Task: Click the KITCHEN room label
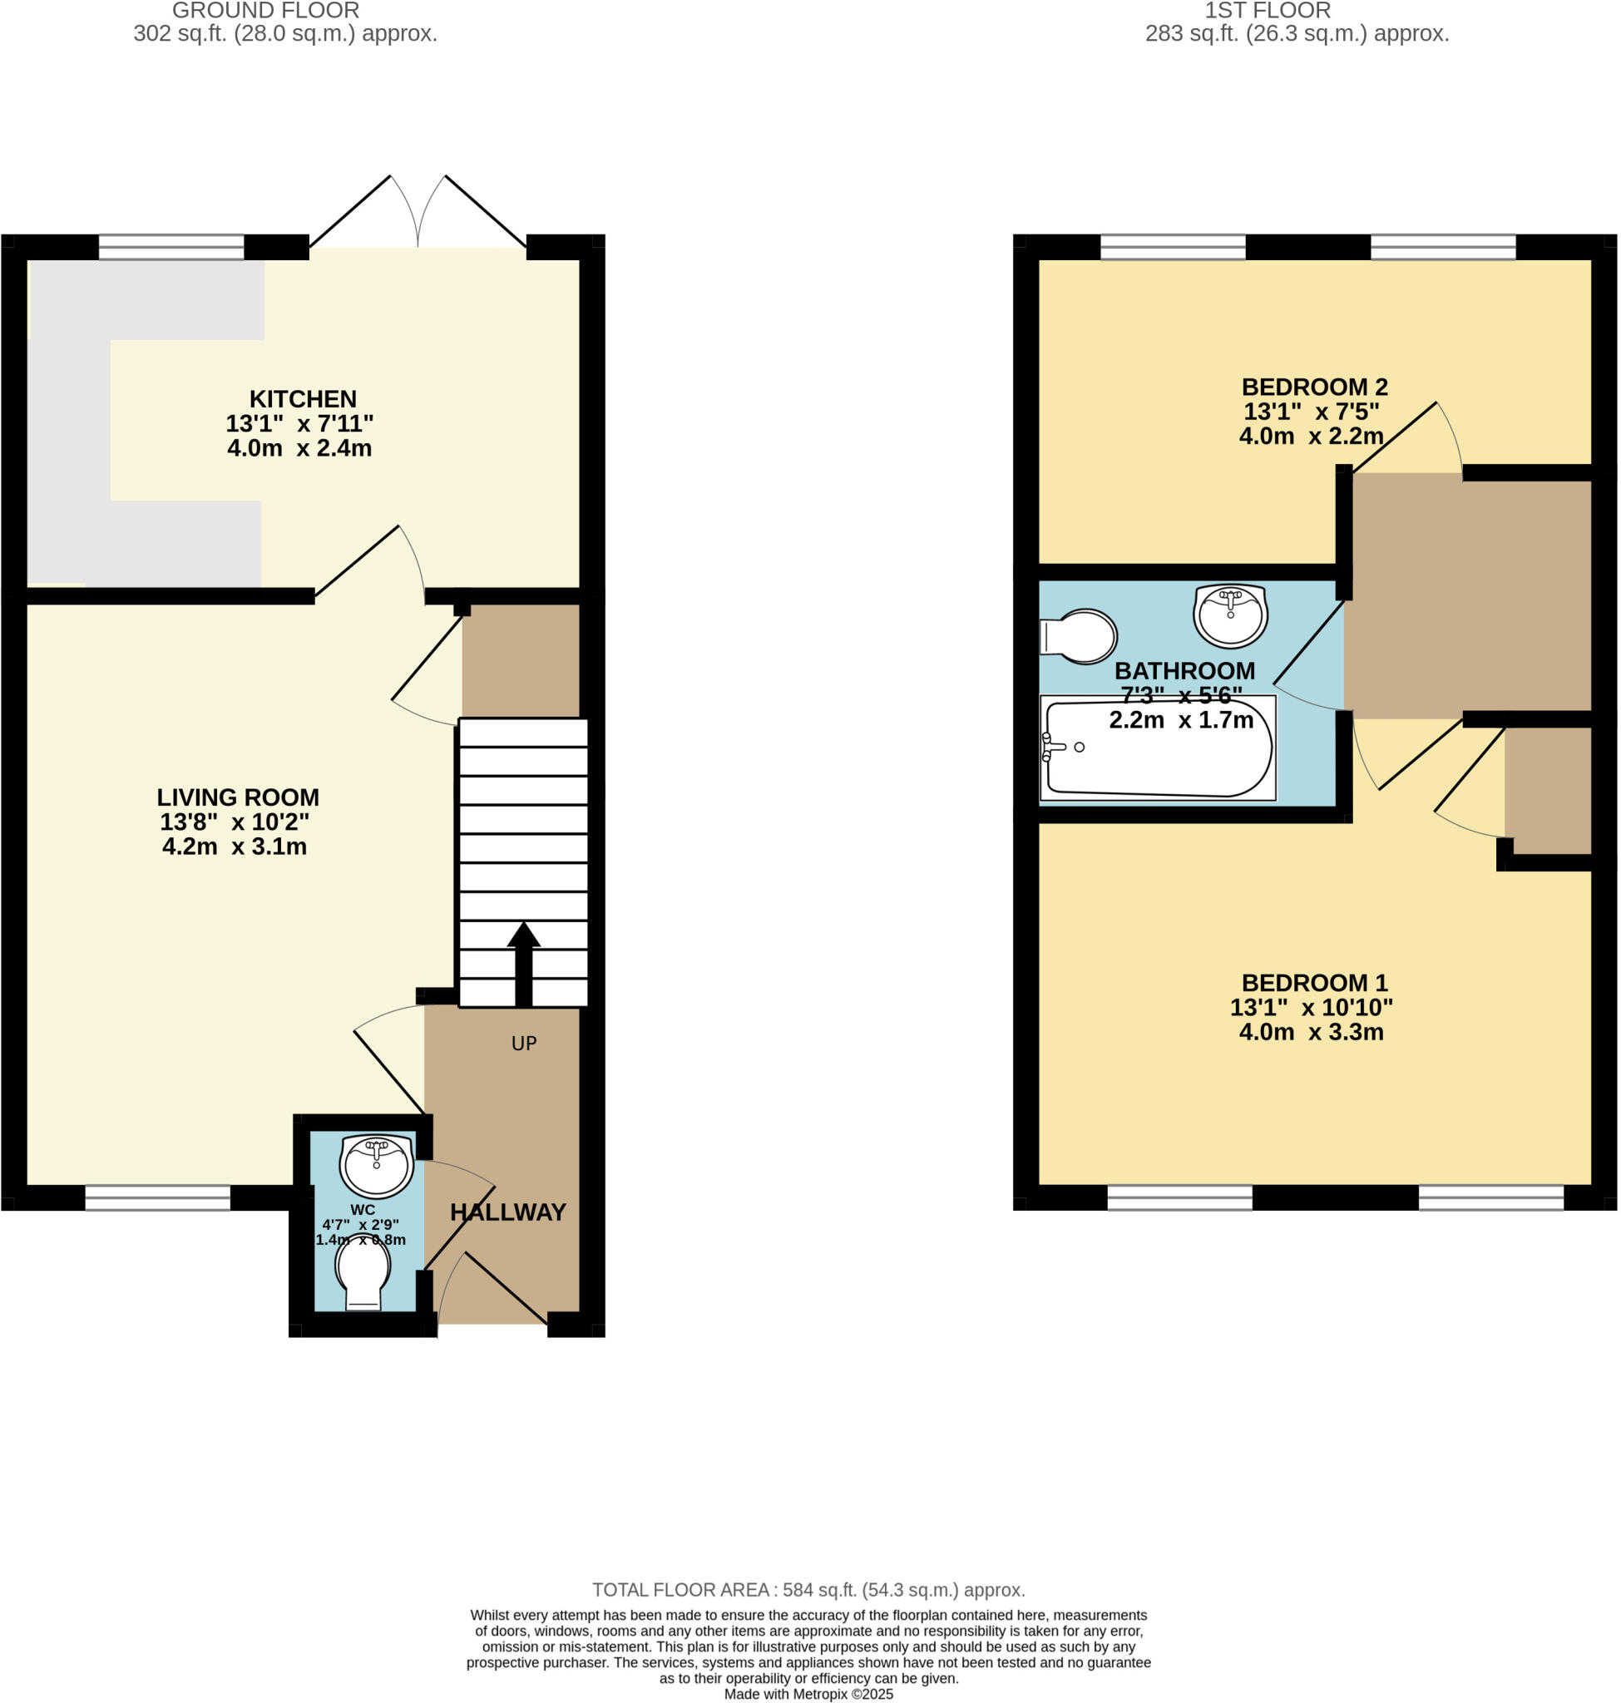[303, 399]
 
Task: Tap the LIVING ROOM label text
[238, 797]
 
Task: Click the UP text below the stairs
[524, 1044]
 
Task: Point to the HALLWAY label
[508, 1212]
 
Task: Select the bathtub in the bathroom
[1158, 748]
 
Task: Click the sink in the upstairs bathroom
[1230, 615]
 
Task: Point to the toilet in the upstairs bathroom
[1080, 637]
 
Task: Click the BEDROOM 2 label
[1314, 387]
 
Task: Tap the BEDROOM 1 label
[1314, 983]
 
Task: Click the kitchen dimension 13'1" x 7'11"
[300, 424]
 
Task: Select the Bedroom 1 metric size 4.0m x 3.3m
[1311, 1033]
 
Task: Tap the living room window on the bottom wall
[157, 1197]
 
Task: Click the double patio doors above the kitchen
[418, 216]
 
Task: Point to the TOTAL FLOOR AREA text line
[808, 1591]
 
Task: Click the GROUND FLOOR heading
[265, 12]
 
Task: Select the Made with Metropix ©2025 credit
[808, 1695]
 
